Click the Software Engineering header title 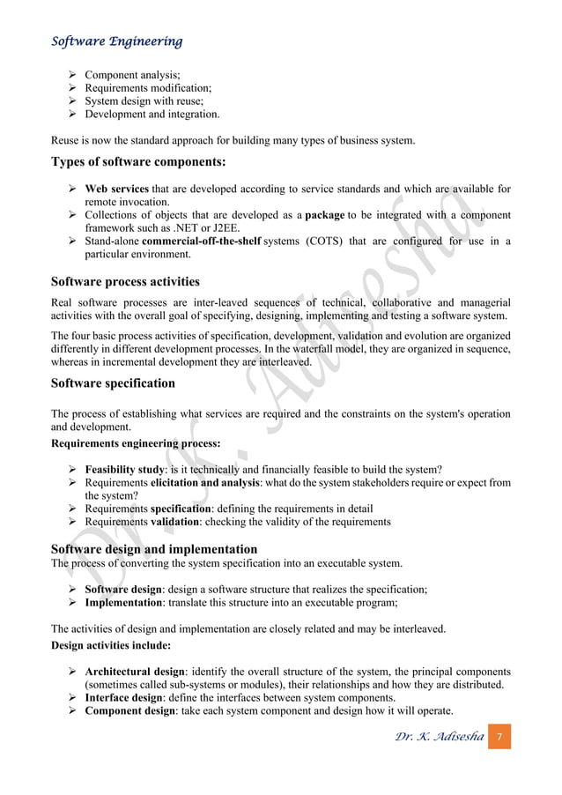point(116,41)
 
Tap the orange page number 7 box point(499,735)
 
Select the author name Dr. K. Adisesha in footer point(439,736)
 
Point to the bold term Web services point(116,189)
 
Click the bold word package point(324,215)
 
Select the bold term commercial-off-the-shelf point(201,241)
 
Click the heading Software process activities point(125,282)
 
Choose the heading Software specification point(113,383)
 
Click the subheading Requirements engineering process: point(136,442)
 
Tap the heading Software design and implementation point(154,549)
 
